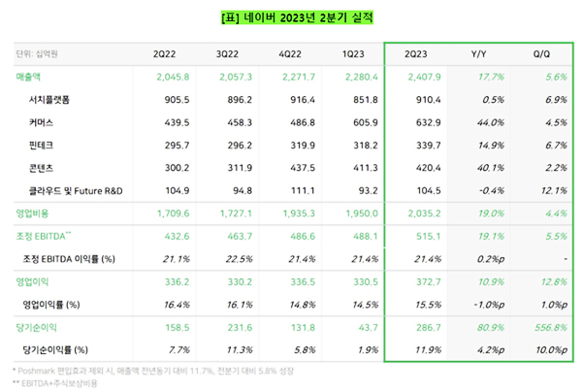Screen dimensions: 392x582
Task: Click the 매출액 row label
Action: coord(29,79)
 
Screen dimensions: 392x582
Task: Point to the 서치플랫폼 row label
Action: coord(53,100)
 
